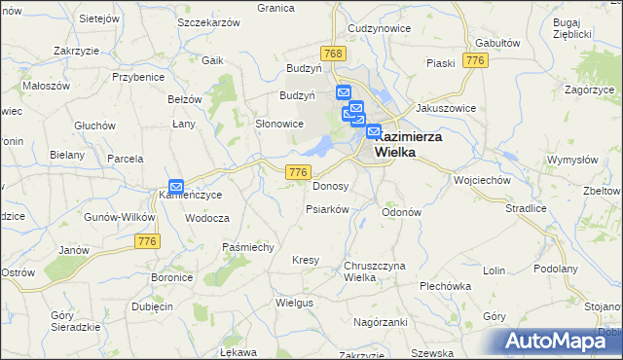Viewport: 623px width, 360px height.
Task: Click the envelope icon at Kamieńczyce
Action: pyautogui.click(x=176, y=186)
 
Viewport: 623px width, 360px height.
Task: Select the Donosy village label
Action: pyautogui.click(x=330, y=186)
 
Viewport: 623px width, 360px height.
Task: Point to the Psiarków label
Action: pyautogui.click(x=327, y=209)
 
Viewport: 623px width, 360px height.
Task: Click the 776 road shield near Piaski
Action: pyautogui.click(x=475, y=60)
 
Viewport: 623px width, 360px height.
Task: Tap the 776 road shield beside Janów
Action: pyautogui.click(x=148, y=241)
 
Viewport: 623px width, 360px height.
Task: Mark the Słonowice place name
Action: pyautogui.click(x=279, y=124)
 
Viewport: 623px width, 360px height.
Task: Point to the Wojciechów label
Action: pyautogui.click(x=483, y=180)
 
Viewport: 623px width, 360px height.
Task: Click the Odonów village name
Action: pyautogui.click(x=401, y=212)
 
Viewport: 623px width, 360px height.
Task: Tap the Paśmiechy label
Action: pyautogui.click(x=248, y=247)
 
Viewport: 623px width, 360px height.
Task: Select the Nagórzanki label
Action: pyautogui.click(x=380, y=321)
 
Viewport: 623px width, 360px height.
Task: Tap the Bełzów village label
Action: pyautogui.click(x=184, y=99)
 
